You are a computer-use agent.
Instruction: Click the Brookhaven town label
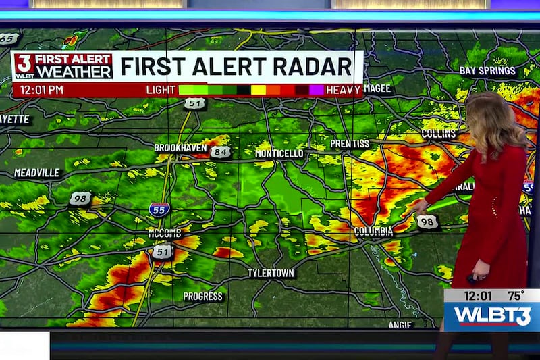[x=180, y=148]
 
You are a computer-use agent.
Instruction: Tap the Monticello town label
[x=279, y=154]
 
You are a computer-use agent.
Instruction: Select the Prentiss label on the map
[x=350, y=144]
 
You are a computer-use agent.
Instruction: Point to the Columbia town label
[x=373, y=231]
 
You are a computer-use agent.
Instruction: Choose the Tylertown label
[x=271, y=274]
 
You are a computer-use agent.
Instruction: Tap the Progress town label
[x=202, y=297]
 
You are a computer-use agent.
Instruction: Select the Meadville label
[x=37, y=173]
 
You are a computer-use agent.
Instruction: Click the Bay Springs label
[x=487, y=71]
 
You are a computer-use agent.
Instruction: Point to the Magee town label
[x=378, y=88]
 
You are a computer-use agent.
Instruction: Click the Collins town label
[x=439, y=134]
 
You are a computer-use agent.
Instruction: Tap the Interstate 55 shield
[x=159, y=209]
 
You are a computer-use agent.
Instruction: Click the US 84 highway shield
[x=220, y=152]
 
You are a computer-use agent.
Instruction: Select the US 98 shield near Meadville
[x=80, y=199]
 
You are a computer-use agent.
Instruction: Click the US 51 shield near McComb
[x=162, y=252]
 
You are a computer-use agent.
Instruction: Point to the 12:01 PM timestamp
[x=42, y=90]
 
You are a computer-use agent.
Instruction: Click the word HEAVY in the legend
[x=344, y=90]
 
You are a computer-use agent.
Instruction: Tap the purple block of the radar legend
[x=317, y=90]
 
